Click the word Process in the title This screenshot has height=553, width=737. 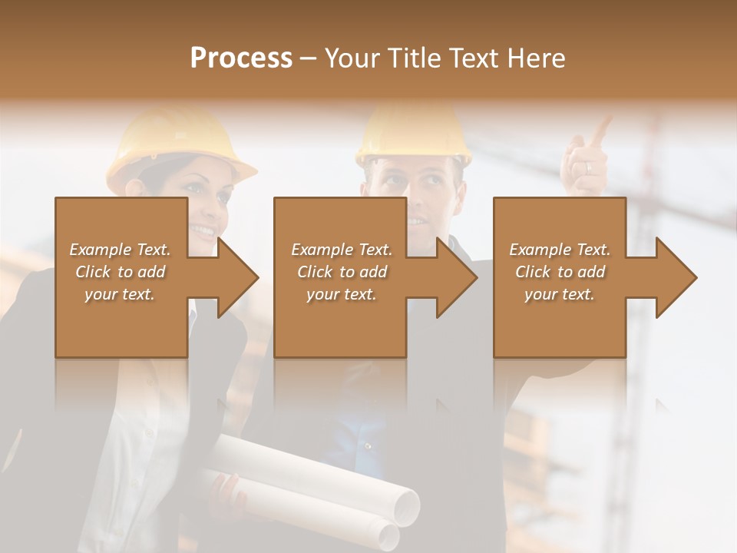(x=241, y=58)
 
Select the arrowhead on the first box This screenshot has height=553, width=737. (x=233, y=277)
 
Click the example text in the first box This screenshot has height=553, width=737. (x=120, y=272)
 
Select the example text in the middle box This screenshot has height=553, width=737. (x=341, y=272)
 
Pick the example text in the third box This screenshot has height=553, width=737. (x=560, y=272)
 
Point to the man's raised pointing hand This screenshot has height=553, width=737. (x=585, y=161)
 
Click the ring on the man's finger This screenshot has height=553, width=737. (x=589, y=167)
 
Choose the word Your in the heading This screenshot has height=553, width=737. (x=352, y=58)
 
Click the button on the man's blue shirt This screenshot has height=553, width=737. (x=368, y=445)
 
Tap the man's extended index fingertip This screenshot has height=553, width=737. (x=606, y=121)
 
